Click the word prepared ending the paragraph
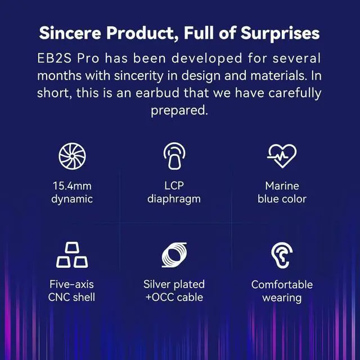[179, 111]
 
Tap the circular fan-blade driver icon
[73, 156]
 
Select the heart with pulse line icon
[281, 156]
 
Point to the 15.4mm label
[73, 186]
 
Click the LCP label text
[174, 186]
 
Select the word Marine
[282, 186]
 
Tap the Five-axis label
[73, 285]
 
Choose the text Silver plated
[174, 285]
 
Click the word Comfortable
[282, 285]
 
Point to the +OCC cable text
[174, 298]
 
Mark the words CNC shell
[73, 298]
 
